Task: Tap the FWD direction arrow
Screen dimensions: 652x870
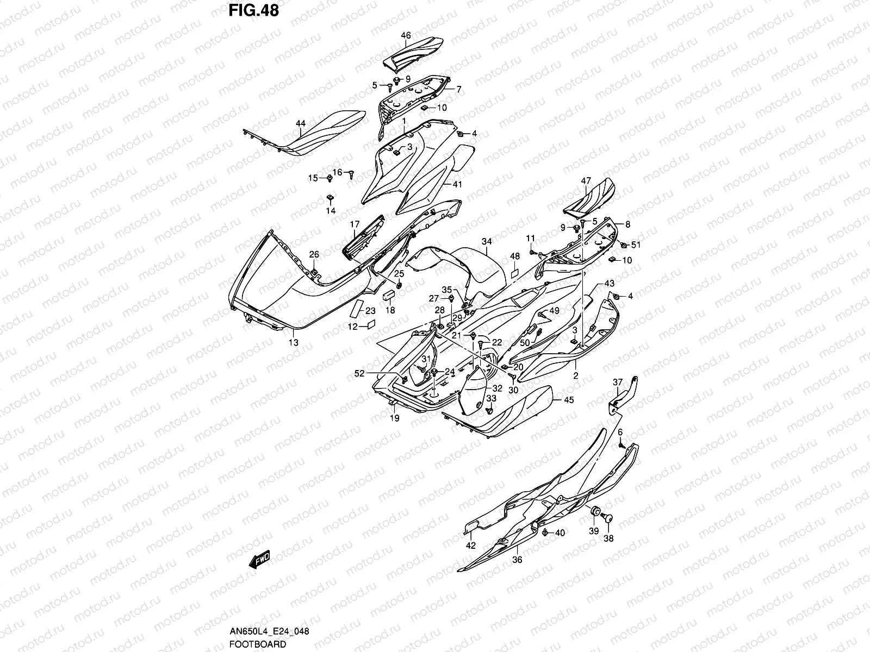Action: tap(260, 560)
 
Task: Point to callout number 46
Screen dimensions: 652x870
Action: tap(406, 35)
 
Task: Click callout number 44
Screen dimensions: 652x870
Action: tap(300, 124)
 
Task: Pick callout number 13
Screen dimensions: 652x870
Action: tap(294, 342)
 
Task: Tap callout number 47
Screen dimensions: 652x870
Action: tap(586, 181)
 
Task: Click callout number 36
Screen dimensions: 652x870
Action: tap(517, 560)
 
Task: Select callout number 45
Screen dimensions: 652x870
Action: tap(568, 400)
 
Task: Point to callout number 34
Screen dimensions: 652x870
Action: tap(486, 241)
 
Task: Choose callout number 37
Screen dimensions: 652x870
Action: tap(618, 383)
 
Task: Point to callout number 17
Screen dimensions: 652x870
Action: tap(355, 224)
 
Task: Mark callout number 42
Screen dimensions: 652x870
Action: tap(471, 546)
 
